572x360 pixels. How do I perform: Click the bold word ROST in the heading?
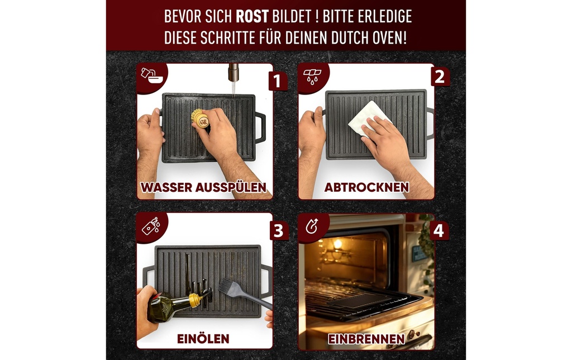pyautogui.click(x=252, y=16)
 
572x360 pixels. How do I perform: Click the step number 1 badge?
pyautogui.click(x=278, y=81)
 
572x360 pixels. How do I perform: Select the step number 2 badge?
pyautogui.click(x=440, y=77)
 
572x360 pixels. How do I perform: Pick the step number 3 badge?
pyautogui.click(x=279, y=231)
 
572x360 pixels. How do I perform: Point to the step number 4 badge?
pyautogui.click(x=439, y=231)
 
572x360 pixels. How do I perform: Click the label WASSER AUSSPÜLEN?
pyautogui.click(x=203, y=187)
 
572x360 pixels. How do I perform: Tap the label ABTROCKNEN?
pyautogui.click(x=366, y=187)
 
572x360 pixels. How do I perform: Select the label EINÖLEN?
pyautogui.click(x=203, y=339)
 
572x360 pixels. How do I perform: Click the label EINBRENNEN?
pyautogui.click(x=366, y=339)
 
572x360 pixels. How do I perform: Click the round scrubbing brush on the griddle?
pyautogui.click(x=200, y=118)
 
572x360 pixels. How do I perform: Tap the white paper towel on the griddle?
pyautogui.click(x=368, y=118)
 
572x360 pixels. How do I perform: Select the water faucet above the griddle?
pyautogui.click(x=233, y=72)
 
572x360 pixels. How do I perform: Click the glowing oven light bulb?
pyautogui.click(x=338, y=244)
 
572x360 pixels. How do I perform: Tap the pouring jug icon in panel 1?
pyautogui.click(x=151, y=75)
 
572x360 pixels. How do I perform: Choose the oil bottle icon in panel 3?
pyautogui.click(x=151, y=226)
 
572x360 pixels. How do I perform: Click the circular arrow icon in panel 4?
pyautogui.click(x=312, y=226)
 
